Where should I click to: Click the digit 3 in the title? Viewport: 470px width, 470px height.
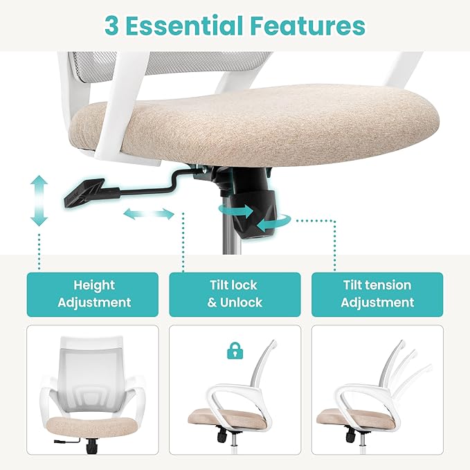111,26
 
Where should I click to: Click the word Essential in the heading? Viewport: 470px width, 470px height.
184,25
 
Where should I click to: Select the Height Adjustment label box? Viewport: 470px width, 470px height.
93,294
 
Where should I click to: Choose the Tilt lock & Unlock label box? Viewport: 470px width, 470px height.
235,294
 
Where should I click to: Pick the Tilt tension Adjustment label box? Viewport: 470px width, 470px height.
377,294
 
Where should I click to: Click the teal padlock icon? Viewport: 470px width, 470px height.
235,351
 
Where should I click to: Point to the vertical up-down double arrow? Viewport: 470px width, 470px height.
39,201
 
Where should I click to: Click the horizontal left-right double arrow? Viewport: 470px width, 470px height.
149,214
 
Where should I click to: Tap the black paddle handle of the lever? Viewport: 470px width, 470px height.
84,192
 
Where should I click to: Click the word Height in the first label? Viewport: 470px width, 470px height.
94,285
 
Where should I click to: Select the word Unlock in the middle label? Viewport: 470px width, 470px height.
241,302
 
